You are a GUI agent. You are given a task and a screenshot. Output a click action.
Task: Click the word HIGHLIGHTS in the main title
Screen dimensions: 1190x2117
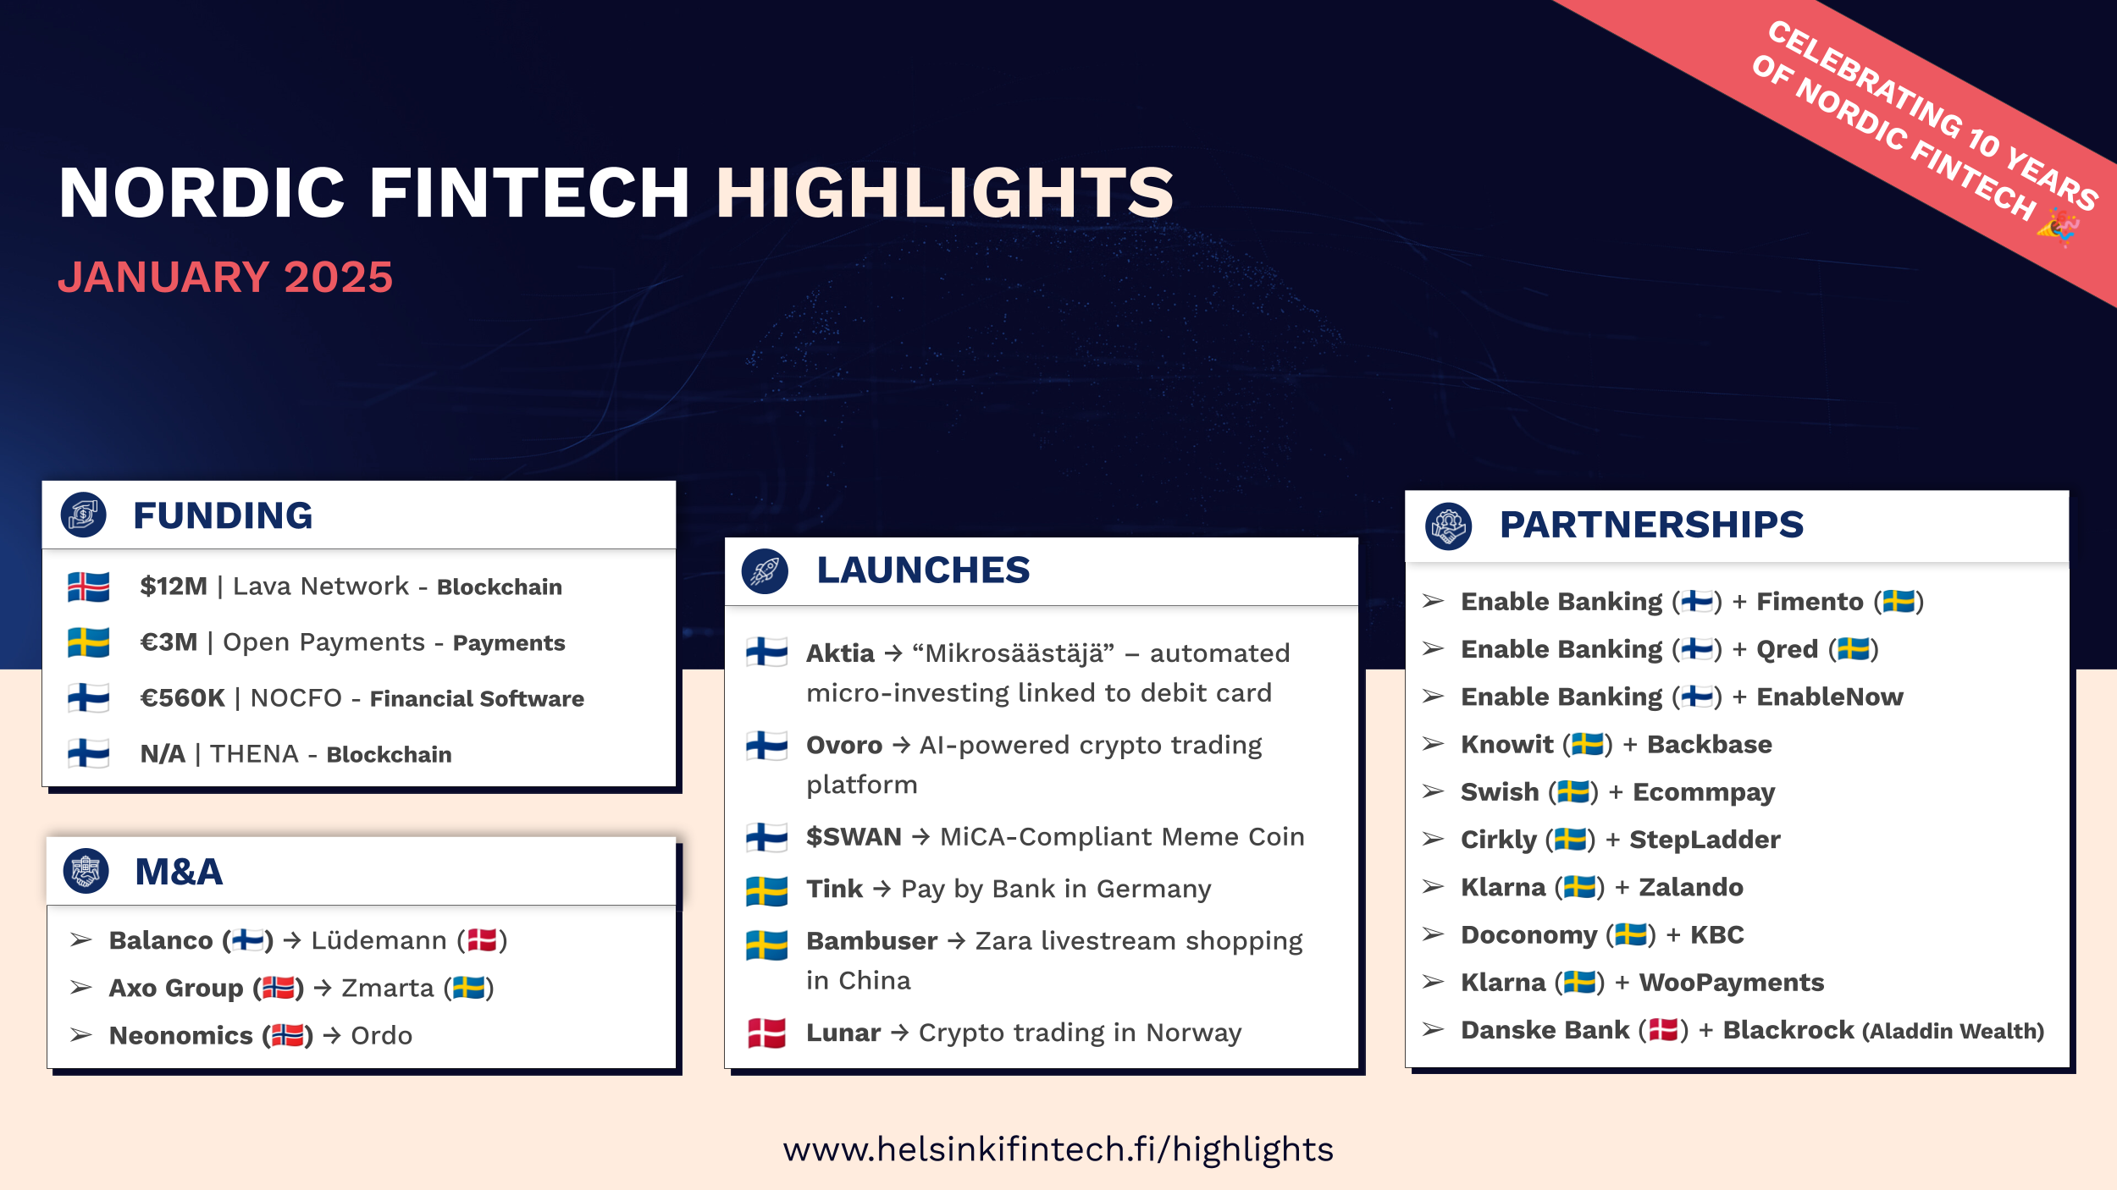(x=944, y=193)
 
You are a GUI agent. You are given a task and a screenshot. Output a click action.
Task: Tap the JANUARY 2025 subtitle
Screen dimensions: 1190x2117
(x=225, y=278)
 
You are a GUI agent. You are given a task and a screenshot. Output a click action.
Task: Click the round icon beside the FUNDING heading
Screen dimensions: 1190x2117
(x=83, y=515)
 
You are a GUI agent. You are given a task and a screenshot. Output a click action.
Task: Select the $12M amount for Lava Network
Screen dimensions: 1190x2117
(x=174, y=587)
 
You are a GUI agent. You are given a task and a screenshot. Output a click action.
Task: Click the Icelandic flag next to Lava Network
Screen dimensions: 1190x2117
(x=89, y=587)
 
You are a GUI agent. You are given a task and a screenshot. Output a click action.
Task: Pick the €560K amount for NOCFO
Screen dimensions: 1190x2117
(x=182, y=698)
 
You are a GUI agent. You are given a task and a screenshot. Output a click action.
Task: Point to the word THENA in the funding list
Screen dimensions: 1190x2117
(x=254, y=754)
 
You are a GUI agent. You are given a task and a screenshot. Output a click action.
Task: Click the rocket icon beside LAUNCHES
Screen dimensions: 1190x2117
(x=765, y=570)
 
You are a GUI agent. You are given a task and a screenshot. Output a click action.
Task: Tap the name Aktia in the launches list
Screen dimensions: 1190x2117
(x=840, y=653)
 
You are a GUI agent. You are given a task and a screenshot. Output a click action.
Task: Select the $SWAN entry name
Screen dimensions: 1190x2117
(x=854, y=837)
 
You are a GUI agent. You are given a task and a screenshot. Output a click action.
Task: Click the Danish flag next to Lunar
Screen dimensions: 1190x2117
(x=766, y=1033)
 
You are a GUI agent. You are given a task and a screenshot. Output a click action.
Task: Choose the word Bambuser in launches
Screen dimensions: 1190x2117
(x=871, y=941)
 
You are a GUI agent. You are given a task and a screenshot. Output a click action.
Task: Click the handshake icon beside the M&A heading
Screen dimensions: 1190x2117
(x=86, y=871)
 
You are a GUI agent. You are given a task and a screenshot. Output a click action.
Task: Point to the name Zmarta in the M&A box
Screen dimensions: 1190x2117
(x=388, y=988)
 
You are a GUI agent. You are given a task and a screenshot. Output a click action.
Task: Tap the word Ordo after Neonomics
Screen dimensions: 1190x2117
(x=381, y=1036)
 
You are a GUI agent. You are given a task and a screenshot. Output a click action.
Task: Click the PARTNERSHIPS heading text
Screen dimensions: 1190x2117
(x=1651, y=525)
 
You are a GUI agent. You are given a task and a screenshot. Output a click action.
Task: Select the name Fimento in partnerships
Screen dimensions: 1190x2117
(x=1810, y=602)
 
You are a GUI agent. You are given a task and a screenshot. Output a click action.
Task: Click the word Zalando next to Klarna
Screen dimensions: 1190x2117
(x=1691, y=887)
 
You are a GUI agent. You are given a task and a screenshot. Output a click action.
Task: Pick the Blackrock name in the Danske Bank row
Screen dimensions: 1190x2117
(x=1788, y=1030)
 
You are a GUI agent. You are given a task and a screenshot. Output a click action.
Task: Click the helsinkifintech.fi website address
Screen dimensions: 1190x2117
(x=1058, y=1149)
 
